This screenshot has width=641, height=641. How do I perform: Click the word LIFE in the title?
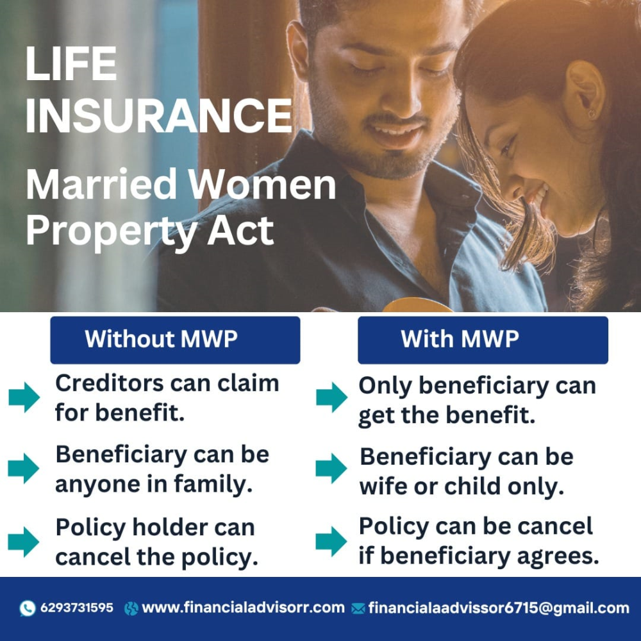(72, 63)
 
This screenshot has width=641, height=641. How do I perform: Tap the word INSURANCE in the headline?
(158, 115)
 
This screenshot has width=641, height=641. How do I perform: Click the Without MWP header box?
(175, 340)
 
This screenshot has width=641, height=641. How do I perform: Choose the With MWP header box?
(483, 340)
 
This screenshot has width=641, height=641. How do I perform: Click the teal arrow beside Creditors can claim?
(24, 397)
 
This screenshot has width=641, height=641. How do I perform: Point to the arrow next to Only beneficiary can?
(331, 397)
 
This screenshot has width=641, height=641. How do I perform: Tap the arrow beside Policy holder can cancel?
(23, 542)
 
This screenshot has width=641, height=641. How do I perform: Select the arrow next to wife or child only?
(331, 469)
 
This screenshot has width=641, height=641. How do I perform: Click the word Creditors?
(109, 383)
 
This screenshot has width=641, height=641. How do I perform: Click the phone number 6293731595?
(77, 608)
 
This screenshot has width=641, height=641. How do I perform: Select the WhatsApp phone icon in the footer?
(28, 608)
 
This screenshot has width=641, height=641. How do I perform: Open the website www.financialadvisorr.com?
(243, 608)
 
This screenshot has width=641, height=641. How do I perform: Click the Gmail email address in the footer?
(499, 608)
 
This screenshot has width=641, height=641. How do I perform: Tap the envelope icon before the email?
(358, 609)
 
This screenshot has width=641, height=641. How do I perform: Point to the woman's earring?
(591, 113)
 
